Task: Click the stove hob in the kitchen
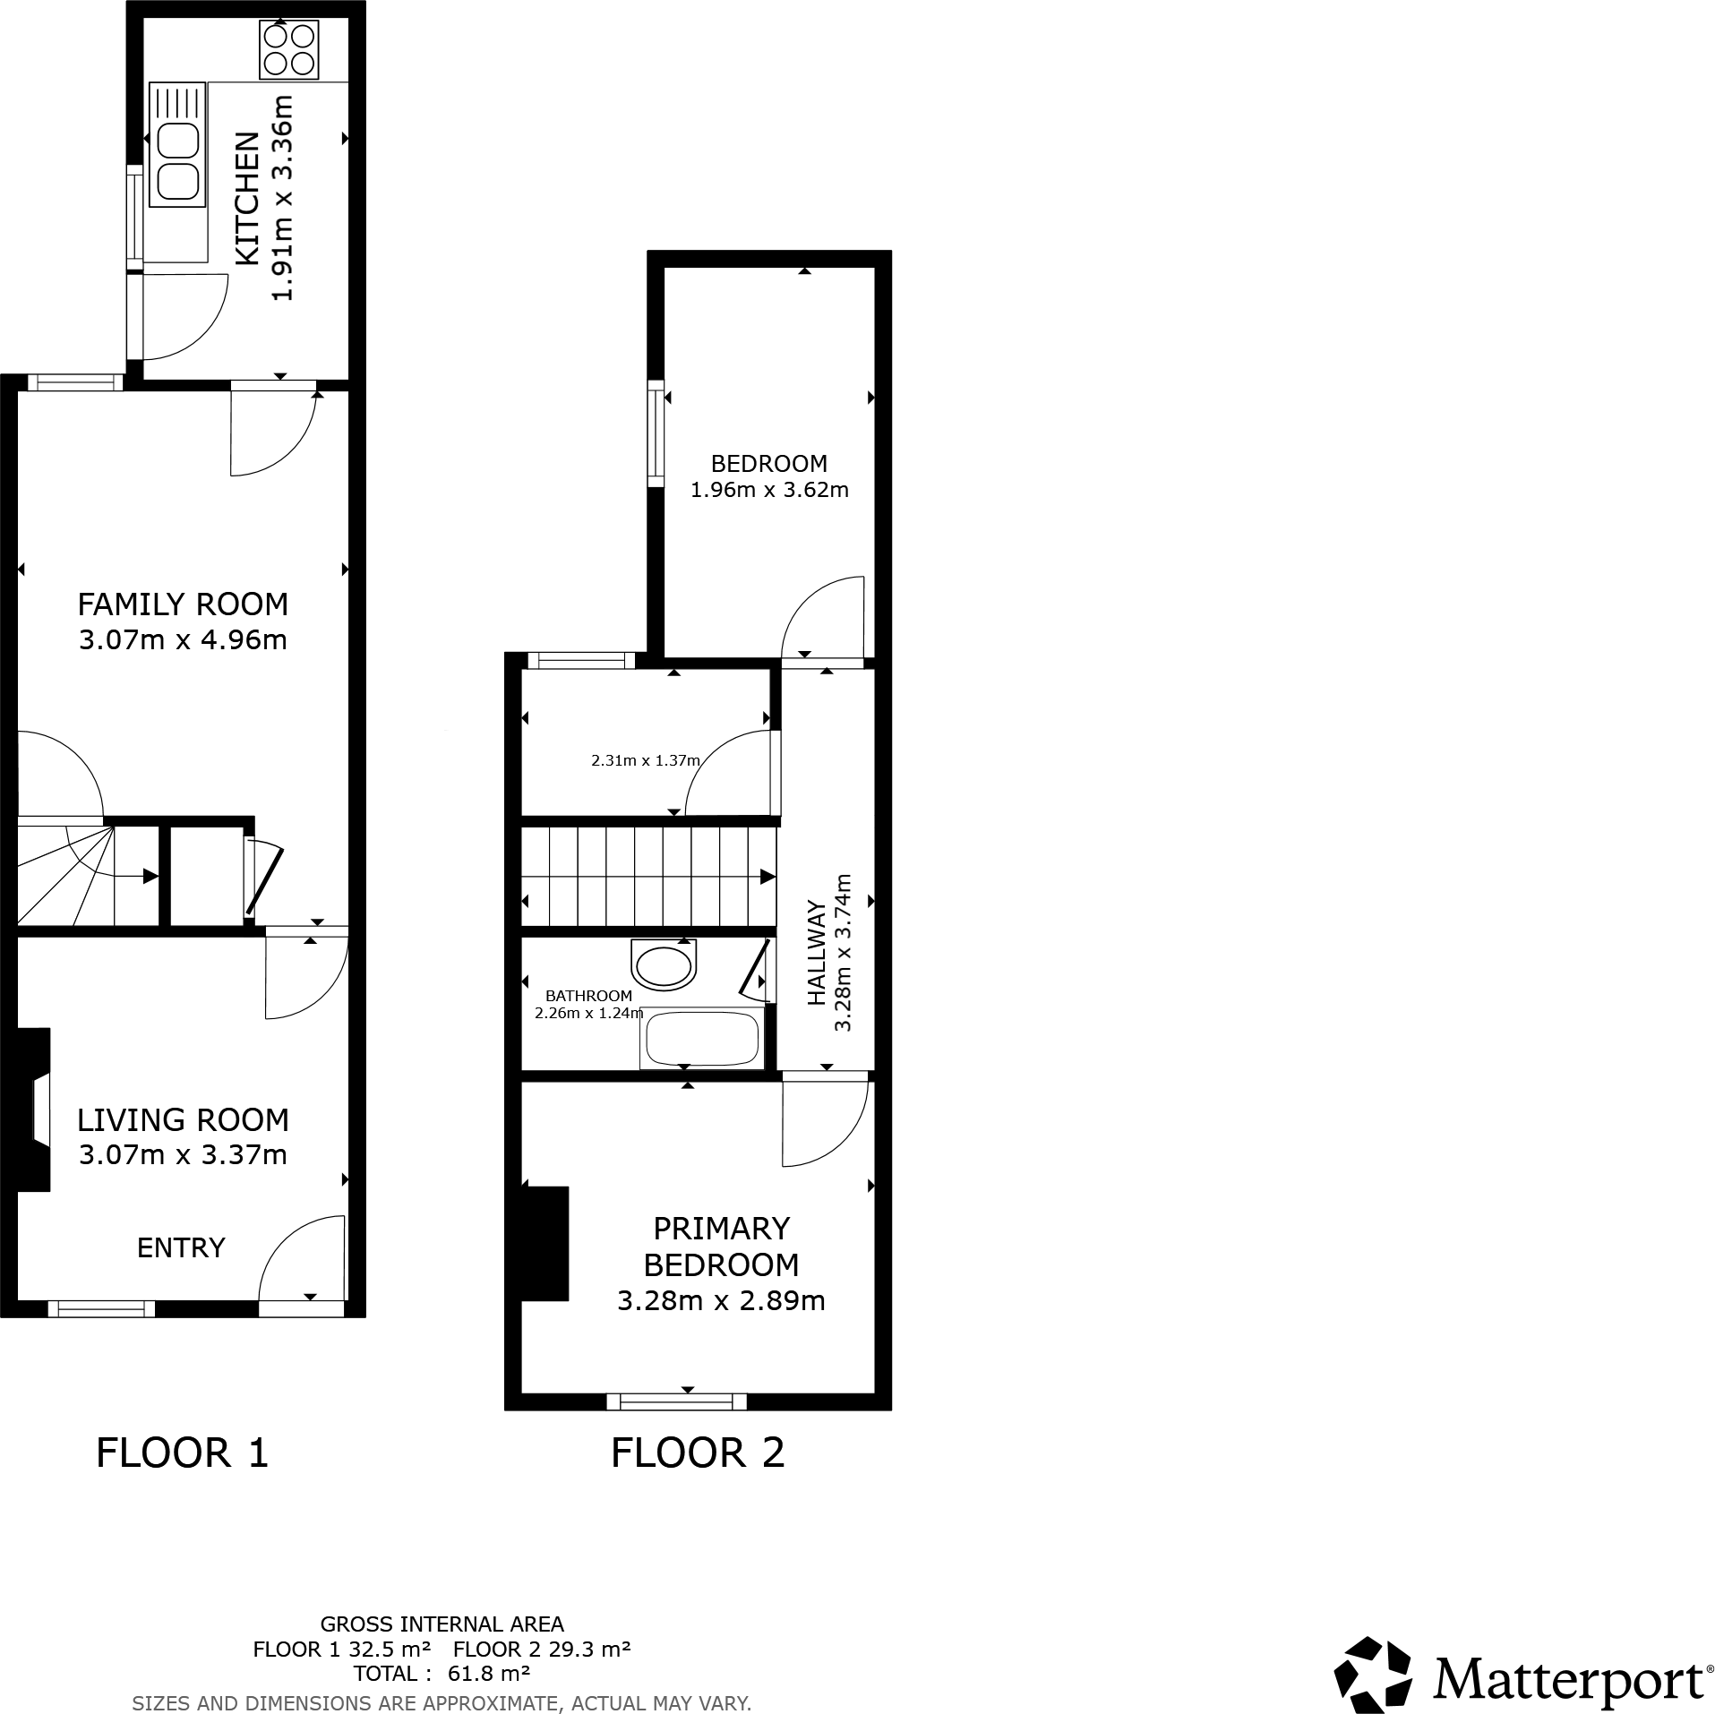click(x=289, y=49)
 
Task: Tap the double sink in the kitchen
click(x=178, y=163)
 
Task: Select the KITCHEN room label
click(x=248, y=199)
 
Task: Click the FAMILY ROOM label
click(x=183, y=604)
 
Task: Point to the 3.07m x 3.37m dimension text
click(x=183, y=1154)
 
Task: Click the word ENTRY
click(x=180, y=1247)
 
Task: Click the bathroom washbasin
click(x=664, y=965)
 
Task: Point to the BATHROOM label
click(x=588, y=995)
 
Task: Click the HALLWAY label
click(x=817, y=954)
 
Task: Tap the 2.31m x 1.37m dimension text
click(x=645, y=760)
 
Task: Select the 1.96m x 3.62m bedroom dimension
click(x=769, y=490)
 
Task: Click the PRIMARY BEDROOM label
click(x=721, y=1246)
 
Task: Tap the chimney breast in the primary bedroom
click(x=545, y=1242)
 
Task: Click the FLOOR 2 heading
click(x=698, y=1453)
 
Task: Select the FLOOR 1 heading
click(x=182, y=1453)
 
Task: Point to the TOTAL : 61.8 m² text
click(x=442, y=1673)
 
